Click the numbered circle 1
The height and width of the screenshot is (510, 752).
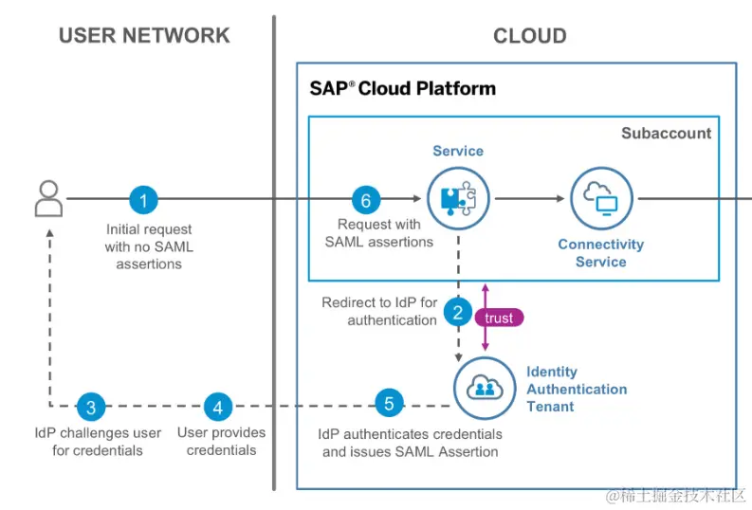pyautogui.click(x=143, y=200)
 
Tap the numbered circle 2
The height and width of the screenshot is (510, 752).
pyautogui.click(x=458, y=310)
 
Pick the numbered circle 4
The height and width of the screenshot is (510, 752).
pyautogui.click(x=218, y=407)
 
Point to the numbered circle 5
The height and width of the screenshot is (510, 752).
pyautogui.click(x=388, y=403)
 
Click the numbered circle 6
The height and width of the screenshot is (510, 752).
pyautogui.click(x=365, y=200)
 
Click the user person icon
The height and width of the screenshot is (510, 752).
pyautogui.click(x=47, y=200)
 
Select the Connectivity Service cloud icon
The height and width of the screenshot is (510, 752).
pyautogui.click(x=600, y=199)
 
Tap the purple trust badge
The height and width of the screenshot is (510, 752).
pyautogui.click(x=498, y=319)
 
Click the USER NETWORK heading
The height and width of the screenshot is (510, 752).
pyautogui.click(x=144, y=36)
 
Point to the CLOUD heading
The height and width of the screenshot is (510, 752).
pyautogui.click(x=529, y=37)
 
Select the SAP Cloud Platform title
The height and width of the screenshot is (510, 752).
pyautogui.click(x=402, y=89)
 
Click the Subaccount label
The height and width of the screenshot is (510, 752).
pyautogui.click(x=666, y=134)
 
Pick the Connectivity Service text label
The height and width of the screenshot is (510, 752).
pyautogui.click(x=600, y=253)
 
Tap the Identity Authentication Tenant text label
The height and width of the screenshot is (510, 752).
pyautogui.click(x=577, y=389)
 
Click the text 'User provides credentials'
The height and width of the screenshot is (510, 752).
pyautogui.click(x=221, y=441)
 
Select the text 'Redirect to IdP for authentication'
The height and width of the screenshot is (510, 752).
pyautogui.click(x=379, y=311)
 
